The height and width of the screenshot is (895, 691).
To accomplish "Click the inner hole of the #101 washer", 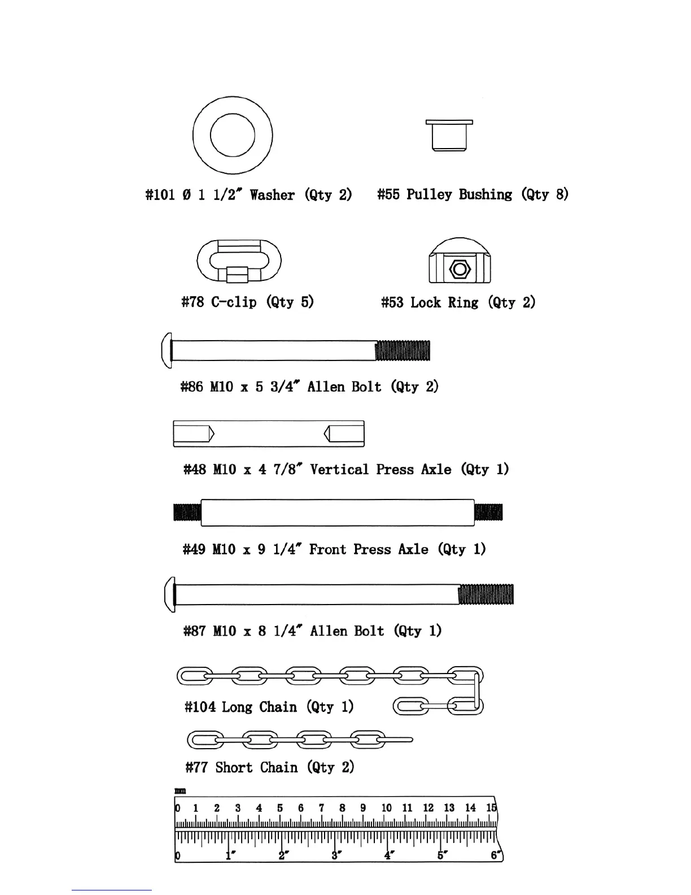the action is coord(233,136).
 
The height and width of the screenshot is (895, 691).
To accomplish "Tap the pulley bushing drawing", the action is coord(449,136).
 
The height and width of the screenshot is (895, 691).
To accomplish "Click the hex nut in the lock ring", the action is coord(460,269).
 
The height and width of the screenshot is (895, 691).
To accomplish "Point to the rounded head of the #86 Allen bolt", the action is coord(167,350).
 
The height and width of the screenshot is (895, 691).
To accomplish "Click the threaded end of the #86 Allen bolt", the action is coord(403,350).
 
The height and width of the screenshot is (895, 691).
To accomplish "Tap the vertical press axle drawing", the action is coord(269,434).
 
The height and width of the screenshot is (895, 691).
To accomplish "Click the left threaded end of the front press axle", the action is coord(187,512).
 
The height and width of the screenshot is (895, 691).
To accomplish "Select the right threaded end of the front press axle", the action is coord(488,512).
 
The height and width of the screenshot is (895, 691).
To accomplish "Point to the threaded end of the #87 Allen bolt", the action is coord(486,594).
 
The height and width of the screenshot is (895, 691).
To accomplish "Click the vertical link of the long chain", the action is coord(478,691).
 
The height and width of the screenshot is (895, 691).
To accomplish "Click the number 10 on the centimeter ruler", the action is coord(386,808).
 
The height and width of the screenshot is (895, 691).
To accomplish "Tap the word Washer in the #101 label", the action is coord(272,195).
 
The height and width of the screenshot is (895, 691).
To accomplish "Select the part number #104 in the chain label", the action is coord(200,707).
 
